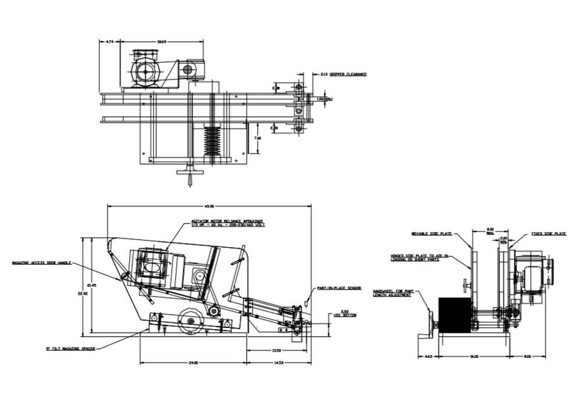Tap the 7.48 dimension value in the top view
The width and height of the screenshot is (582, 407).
pos(258,138)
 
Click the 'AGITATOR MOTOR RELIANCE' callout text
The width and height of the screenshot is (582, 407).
pos(228,223)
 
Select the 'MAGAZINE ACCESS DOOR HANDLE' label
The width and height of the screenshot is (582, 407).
pos(41,263)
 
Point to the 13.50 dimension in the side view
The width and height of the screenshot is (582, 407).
pos(278,351)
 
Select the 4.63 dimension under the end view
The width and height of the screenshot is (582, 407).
pos(428,356)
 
